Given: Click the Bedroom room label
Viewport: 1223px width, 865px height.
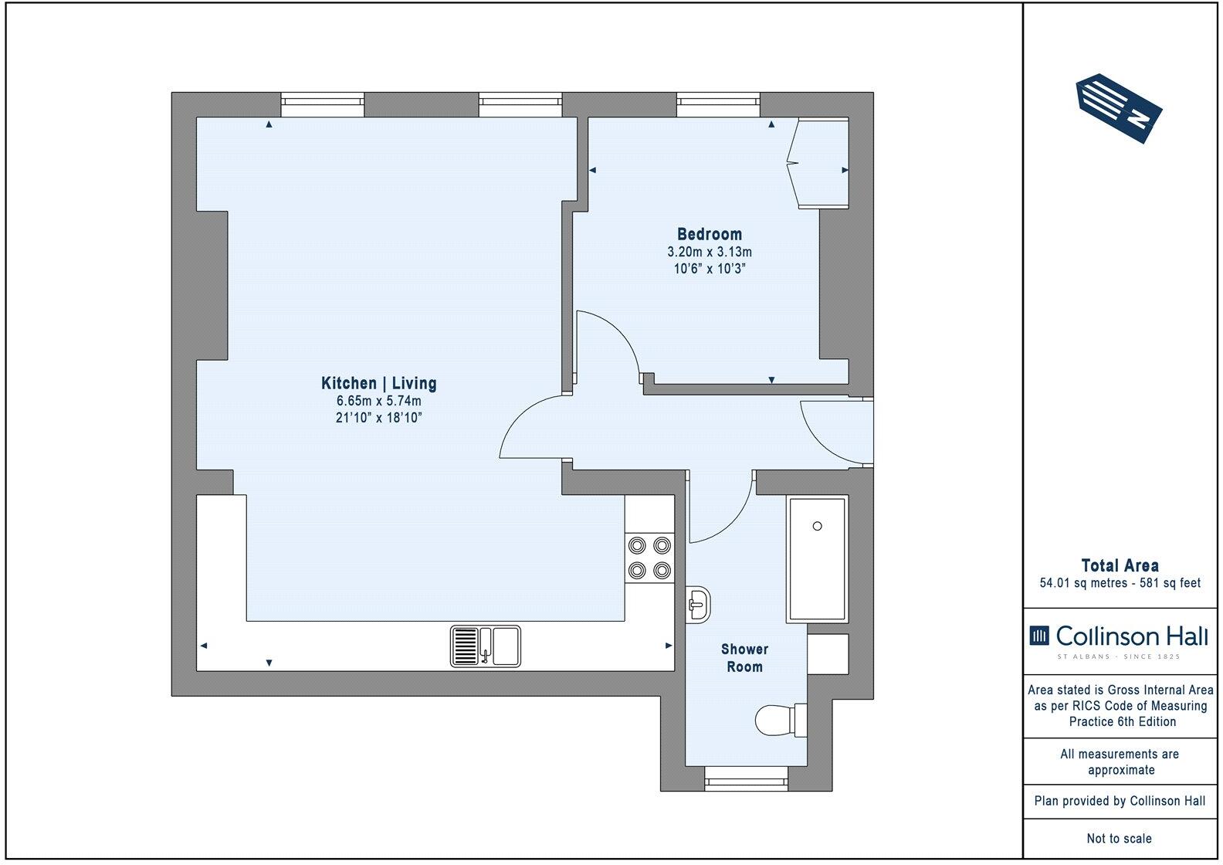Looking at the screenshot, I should click(709, 234).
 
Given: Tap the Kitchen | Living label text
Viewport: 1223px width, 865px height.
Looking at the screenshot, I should click(378, 383).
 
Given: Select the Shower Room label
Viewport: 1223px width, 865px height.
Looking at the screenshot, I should click(744, 658).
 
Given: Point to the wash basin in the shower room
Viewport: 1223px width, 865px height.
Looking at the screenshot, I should click(698, 602).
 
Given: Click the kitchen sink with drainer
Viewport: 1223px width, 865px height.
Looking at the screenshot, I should click(486, 646).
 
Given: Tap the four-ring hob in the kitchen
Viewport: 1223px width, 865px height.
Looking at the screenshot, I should click(649, 558).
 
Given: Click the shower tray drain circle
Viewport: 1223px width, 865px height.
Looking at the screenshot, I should click(817, 526).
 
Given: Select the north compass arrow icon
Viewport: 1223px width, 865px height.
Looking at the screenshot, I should click(1118, 109).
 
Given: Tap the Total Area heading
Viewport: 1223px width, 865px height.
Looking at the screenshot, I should click(1120, 565).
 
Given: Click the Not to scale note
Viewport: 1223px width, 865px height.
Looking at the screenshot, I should click(1119, 838).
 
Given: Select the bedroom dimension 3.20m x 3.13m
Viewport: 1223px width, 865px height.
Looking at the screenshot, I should click(709, 252).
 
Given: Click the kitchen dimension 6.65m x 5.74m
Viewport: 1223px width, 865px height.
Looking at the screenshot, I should click(378, 401).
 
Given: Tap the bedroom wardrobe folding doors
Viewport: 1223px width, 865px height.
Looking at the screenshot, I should click(794, 162).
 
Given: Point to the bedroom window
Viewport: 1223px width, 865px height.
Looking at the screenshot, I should click(718, 104).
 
